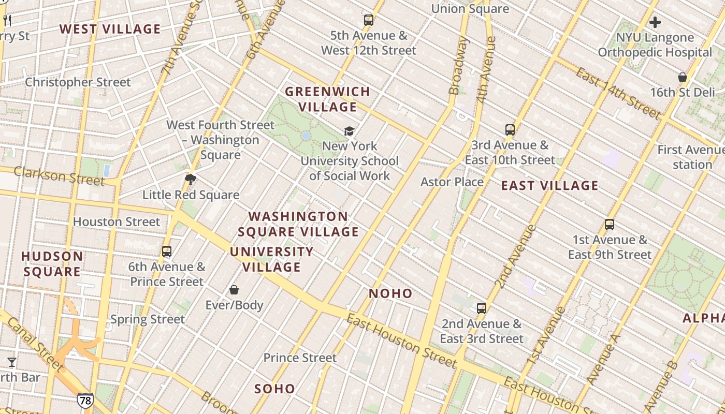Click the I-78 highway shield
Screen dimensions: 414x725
[85, 401]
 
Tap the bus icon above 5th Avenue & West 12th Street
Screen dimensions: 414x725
[368, 20]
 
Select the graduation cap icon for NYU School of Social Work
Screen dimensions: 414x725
[349, 131]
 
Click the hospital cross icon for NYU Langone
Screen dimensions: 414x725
[655, 22]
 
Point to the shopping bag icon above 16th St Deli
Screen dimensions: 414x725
[683, 77]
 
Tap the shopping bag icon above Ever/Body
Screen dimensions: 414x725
[234, 290]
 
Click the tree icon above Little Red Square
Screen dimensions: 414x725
[191, 180]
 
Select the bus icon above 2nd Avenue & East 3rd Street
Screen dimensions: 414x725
[482, 308]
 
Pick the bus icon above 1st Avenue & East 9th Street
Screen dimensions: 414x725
[610, 225]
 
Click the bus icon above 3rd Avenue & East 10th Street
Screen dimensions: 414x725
[510, 130]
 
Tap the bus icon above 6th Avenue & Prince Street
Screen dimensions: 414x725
[167, 252]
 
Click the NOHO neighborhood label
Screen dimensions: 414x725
[390, 293]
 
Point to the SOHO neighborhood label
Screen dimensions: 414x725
[274, 389]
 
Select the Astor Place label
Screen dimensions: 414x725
[452, 182]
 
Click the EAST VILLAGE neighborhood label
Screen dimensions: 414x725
[549, 185]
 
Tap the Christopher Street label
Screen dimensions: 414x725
[78, 82]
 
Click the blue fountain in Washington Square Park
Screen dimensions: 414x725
[306, 136]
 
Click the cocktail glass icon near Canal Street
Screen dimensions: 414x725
[11, 362]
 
